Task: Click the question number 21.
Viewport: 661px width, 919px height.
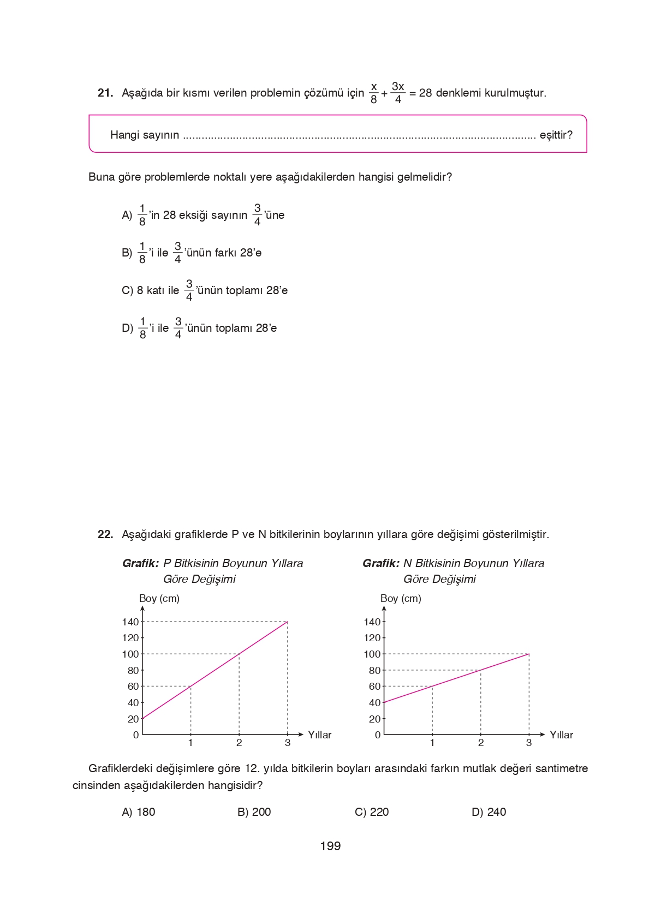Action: click(105, 93)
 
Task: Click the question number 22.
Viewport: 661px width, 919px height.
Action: click(105, 534)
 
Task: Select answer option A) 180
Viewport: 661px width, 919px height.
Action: click(139, 812)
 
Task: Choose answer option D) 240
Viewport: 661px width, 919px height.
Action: click(489, 812)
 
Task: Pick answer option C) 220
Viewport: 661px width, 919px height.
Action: click(372, 812)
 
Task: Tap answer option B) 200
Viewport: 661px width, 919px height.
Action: click(254, 812)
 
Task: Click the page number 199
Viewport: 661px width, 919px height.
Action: click(330, 846)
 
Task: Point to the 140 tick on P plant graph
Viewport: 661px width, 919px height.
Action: click(130, 622)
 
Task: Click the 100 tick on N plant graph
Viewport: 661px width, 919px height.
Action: click(372, 654)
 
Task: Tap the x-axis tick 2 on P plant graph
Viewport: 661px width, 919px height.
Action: click(239, 743)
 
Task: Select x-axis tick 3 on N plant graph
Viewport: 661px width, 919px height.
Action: click(528, 743)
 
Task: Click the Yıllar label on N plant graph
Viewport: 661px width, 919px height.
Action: click(561, 735)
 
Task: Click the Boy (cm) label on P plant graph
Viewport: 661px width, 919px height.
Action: click(159, 598)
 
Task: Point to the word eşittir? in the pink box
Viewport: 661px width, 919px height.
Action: click(556, 135)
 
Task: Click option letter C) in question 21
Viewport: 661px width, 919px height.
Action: click(127, 290)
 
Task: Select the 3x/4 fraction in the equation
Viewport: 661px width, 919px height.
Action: click(398, 93)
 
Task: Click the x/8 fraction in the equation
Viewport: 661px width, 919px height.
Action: click(374, 93)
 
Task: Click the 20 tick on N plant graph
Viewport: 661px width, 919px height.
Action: click(374, 719)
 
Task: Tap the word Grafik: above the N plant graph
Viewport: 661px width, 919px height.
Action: click(381, 563)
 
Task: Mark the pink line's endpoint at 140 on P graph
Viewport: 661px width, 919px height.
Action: click(287, 622)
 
